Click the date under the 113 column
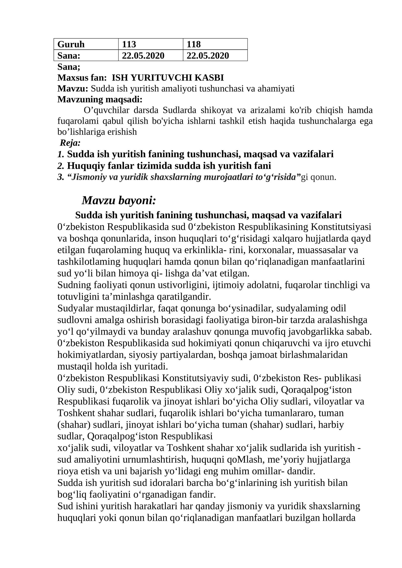point(143,55)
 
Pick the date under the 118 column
point(208,55)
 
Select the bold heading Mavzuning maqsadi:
point(100,99)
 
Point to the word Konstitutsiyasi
point(341,227)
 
